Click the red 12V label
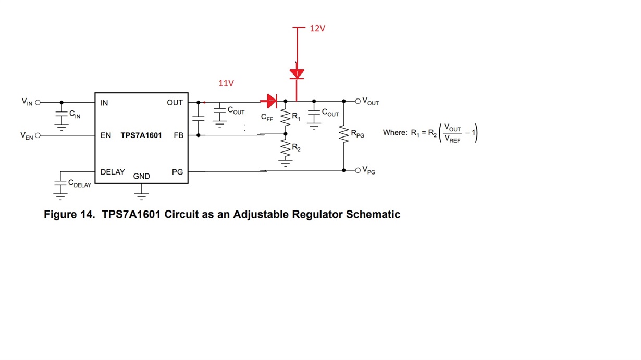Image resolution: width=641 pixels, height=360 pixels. pyautogui.click(x=317, y=28)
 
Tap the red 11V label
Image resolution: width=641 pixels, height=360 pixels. pyautogui.click(x=226, y=83)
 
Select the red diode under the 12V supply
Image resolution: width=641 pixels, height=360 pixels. pyautogui.click(x=297, y=73)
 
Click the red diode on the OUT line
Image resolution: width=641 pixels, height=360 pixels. pyautogui.click(x=272, y=101)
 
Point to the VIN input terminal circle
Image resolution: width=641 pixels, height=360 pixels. pyautogui.click(x=38, y=102)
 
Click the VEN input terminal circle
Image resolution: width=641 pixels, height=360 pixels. pyautogui.click(x=38, y=135)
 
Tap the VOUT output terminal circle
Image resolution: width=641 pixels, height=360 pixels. pyautogui.click(x=358, y=101)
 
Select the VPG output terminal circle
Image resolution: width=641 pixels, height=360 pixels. pyautogui.click(x=358, y=170)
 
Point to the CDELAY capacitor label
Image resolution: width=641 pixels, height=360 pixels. pyautogui.click(x=79, y=183)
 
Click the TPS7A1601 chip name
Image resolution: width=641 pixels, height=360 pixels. pyautogui.click(x=141, y=135)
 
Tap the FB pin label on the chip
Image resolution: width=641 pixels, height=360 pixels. pyautogui.click(x=178, y=135)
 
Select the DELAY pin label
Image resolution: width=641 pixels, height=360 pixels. pyautogui.click(x=112, y=172)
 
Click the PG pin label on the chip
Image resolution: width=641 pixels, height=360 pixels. pyautogui.click(x=177, y=172)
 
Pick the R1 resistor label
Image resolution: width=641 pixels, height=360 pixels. pyautogui.click(x=296, y=117)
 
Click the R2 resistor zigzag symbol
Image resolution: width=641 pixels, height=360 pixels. pyautogui.click(x=286, y=149)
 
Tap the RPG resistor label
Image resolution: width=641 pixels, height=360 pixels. pyautogui.click(x=357, y=134)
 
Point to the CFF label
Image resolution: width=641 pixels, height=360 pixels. pyautogui.click(x=267, y=117)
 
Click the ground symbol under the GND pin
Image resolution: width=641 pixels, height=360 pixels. pyautogui.click(x=141, y=194)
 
